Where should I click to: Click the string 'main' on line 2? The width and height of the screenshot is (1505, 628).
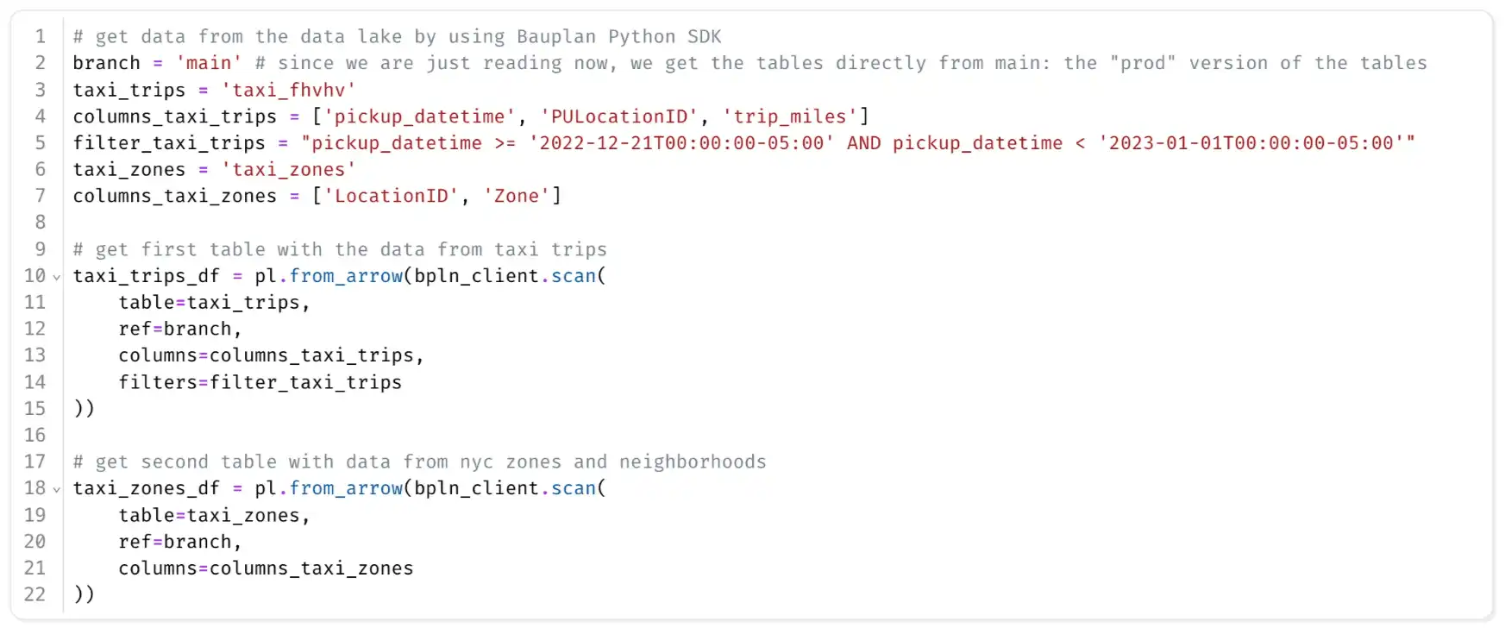pos(209,63)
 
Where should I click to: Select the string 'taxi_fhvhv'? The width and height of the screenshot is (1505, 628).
pos(288,90)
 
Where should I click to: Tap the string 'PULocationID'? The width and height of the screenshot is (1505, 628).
pos(619,116)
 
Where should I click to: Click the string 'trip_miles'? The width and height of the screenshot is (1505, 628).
pos(790,116)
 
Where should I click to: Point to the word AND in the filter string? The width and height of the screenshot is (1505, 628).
pos(863,143)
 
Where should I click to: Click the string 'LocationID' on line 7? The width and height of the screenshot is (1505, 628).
pos(392,196)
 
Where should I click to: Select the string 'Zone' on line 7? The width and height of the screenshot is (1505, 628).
pos(517,196)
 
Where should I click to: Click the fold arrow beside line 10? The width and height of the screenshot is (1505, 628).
pos(57,277)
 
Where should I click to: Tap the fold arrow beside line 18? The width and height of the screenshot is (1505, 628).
pos(57,489)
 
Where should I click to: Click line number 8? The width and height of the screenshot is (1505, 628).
pos(40,223)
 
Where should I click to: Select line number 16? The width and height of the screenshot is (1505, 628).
pos(34,435)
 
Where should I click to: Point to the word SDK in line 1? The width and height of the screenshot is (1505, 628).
pos(705,36)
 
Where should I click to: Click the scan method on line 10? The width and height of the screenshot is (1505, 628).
pos(574,276)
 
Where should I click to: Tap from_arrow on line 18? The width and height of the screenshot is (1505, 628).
pos(346,488)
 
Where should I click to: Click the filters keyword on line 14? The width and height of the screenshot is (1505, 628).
pos(158,382)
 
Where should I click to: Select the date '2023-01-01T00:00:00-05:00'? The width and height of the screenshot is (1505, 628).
pos(1251,143)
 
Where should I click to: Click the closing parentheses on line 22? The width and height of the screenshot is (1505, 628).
pos(85,594)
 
